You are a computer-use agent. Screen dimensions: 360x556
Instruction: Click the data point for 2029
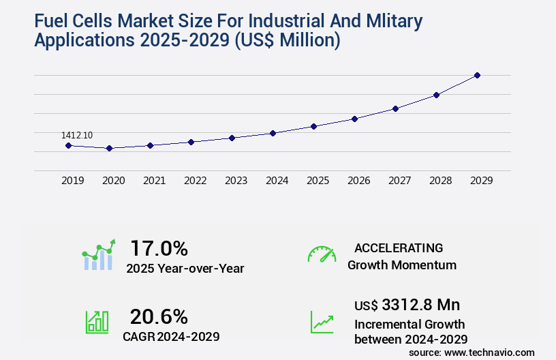[477, 75]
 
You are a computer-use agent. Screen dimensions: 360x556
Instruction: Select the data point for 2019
[68, 145]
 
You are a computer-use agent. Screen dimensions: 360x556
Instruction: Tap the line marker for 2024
[273, 133]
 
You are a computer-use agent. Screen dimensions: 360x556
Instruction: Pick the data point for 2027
[395, 108]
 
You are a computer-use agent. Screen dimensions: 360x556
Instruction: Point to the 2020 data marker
[109, 148]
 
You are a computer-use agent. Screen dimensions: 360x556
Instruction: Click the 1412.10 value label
[77, 136]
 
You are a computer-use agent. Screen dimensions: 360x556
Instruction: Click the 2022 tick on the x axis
[195, 181]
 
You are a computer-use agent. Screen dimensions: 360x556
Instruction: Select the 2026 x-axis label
[358, 181]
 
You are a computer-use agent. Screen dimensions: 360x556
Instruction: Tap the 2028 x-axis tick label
[440, 181]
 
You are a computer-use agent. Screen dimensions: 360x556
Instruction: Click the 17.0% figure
[159, 247]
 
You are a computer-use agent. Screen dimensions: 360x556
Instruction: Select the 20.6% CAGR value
[159, 316]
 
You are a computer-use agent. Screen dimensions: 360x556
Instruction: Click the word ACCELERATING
[399, 247]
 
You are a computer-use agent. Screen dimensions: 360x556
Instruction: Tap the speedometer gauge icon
[322, 254]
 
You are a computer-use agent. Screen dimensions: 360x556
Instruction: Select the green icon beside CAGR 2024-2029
[97, 322]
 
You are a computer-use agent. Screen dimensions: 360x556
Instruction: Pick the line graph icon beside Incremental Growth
[322, 322]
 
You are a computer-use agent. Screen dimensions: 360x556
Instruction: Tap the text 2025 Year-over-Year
[185, 269]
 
